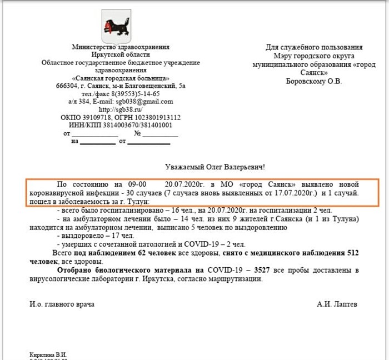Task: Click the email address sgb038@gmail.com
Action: [147, 102]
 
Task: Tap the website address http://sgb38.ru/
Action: [121, 109]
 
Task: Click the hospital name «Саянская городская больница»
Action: [121, 78]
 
